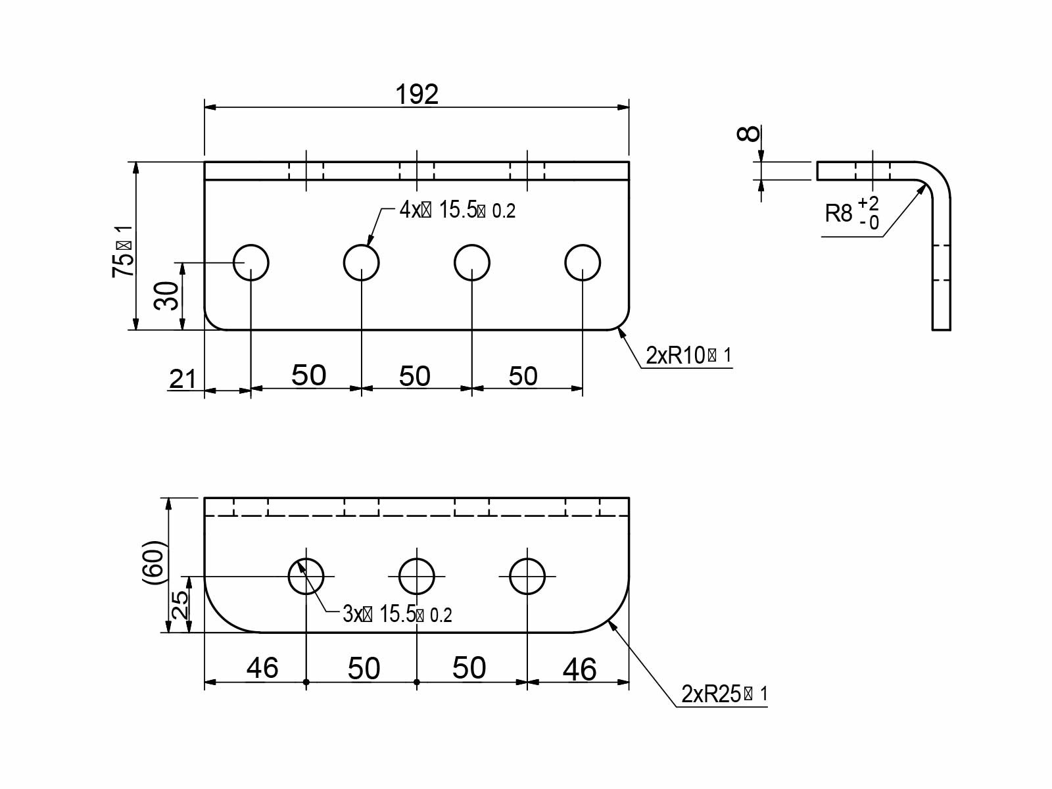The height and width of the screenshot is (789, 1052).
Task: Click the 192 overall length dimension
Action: pos(417,95)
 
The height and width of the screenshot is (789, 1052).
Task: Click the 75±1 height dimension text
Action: pos(123,251)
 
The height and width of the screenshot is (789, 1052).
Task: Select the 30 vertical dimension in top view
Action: pos(166,295)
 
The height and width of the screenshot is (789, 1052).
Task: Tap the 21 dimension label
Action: pos(183,379)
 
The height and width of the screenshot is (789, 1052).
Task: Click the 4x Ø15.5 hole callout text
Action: pos(457,210)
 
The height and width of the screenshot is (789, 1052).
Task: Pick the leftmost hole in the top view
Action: pos(251,263)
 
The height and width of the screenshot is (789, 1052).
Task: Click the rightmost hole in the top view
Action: pos(583,263)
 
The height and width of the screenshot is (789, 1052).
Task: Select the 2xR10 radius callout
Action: pos(688,356)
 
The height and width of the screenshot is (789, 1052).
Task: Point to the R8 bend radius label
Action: pos(838,214)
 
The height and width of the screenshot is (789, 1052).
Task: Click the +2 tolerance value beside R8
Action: pos(869,203)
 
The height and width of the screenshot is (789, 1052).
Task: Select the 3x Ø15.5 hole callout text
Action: pos(396,615)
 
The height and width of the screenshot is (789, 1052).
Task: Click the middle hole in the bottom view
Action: pos(417,577)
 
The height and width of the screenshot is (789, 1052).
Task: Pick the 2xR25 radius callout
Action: pos(724,694)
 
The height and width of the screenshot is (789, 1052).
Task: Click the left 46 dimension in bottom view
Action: pos(262,668)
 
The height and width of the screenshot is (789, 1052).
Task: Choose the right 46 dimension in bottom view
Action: pos(579,669)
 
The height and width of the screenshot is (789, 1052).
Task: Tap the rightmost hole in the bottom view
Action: pos(527,577)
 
